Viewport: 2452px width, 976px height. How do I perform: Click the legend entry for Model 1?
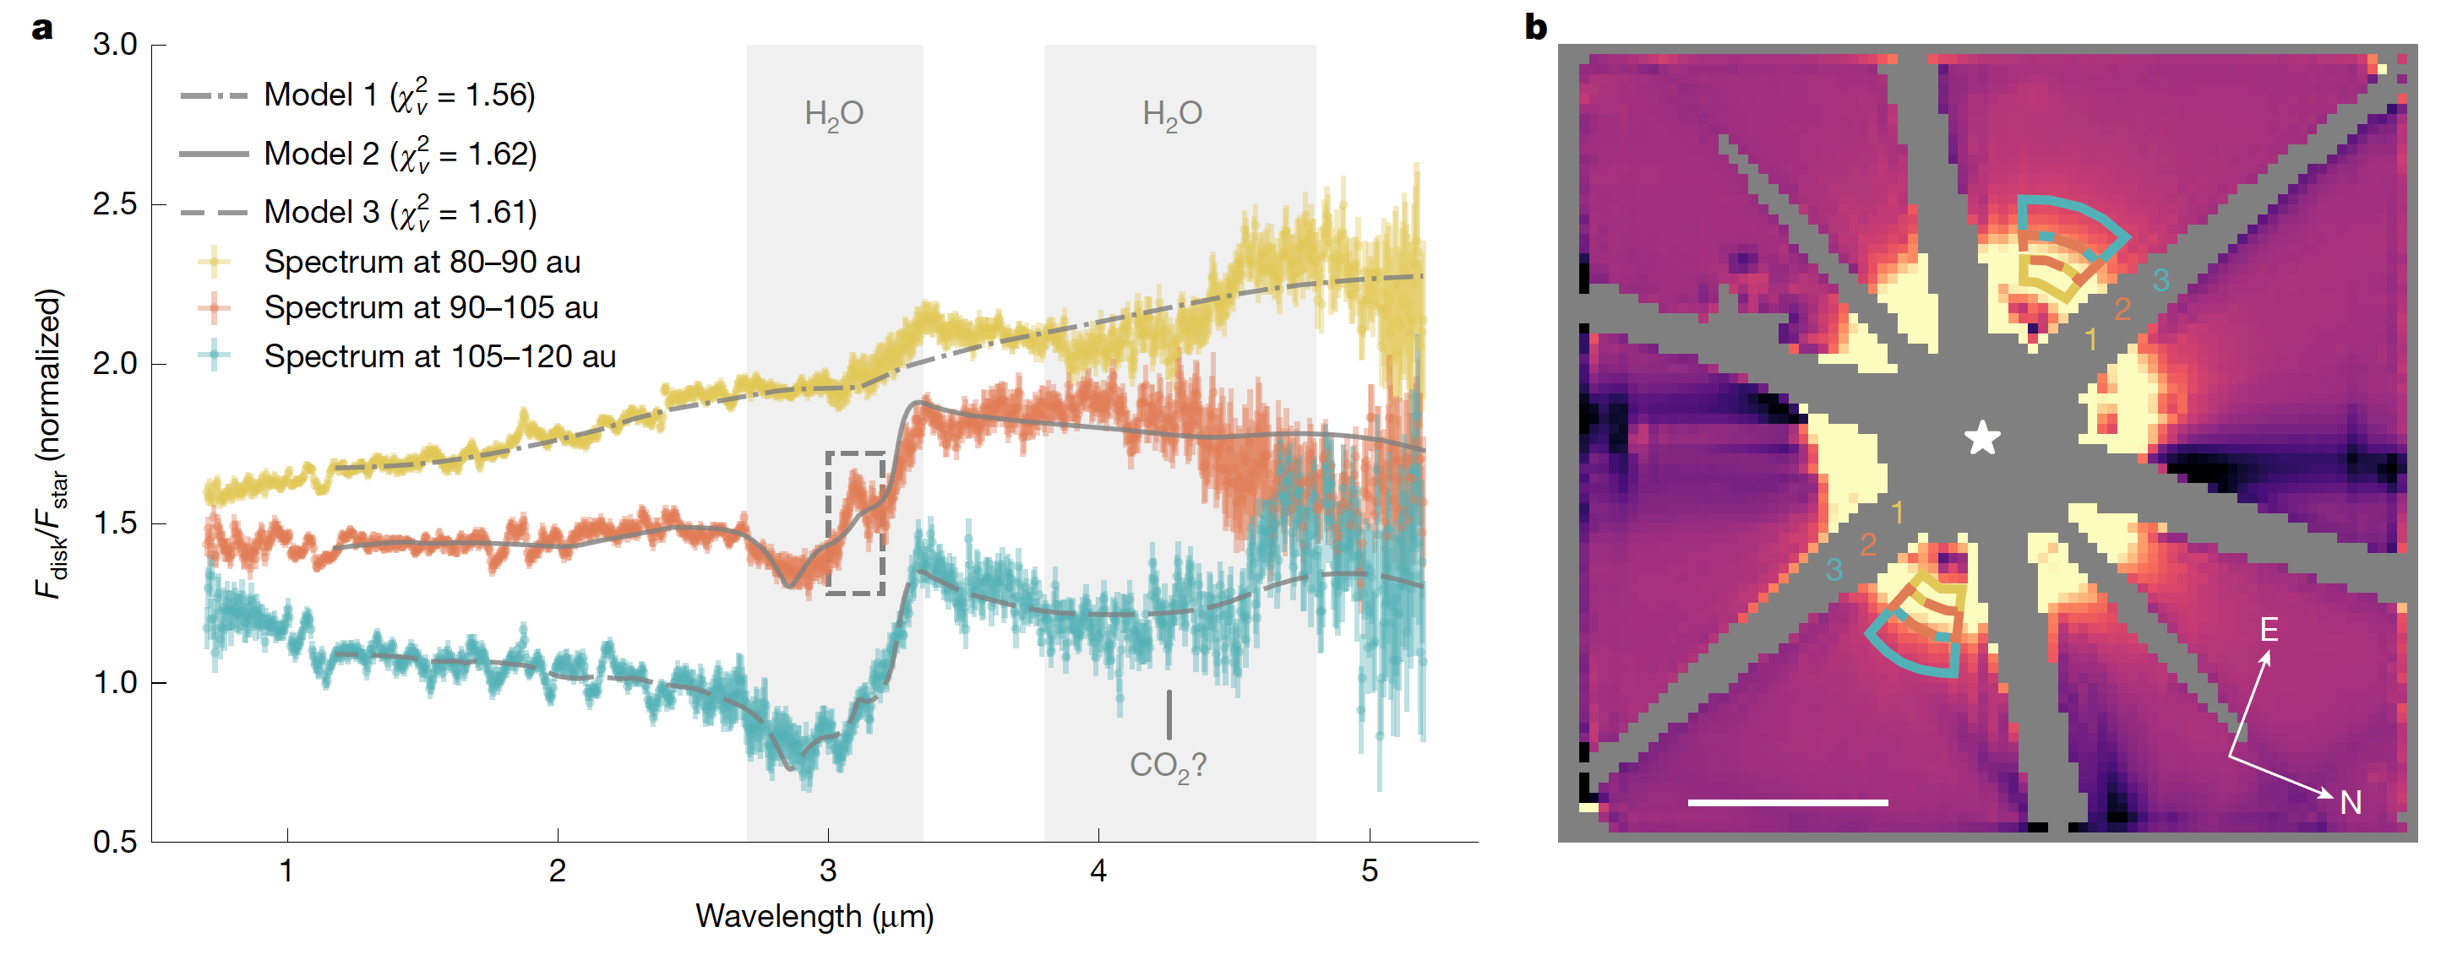click(x=399, y=95)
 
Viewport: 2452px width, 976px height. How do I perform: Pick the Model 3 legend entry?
click(x=400, y=212)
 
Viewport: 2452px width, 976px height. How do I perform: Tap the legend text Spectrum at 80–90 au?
click(x=422, y=262)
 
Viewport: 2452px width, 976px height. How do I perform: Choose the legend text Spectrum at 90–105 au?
click(x=430, y=307)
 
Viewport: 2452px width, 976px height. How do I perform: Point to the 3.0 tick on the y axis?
click(x=115, y=45)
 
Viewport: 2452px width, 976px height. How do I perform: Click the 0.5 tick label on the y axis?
click(x=115, y=842)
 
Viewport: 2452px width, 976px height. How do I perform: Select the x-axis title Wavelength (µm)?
click(x=815, y=916)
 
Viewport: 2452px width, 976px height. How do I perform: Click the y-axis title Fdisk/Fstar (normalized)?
click(x=50, y=443)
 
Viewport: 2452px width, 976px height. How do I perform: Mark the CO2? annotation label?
click(x=1168, y=766)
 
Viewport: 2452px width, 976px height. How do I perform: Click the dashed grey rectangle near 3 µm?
click(x=856, y=523)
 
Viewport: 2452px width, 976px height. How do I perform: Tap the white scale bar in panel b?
click(x=1788, y=803)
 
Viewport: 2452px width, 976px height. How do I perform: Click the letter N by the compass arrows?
click(x=2351, y=804)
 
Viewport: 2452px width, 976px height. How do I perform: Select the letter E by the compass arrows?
click(x=2269, y=630)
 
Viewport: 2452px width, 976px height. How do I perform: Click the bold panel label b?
click(x=1535, y=28)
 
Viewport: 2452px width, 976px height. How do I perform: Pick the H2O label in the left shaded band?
click(x=834, y=114)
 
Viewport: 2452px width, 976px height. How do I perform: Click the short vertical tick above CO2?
click(x=1169, y=714)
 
